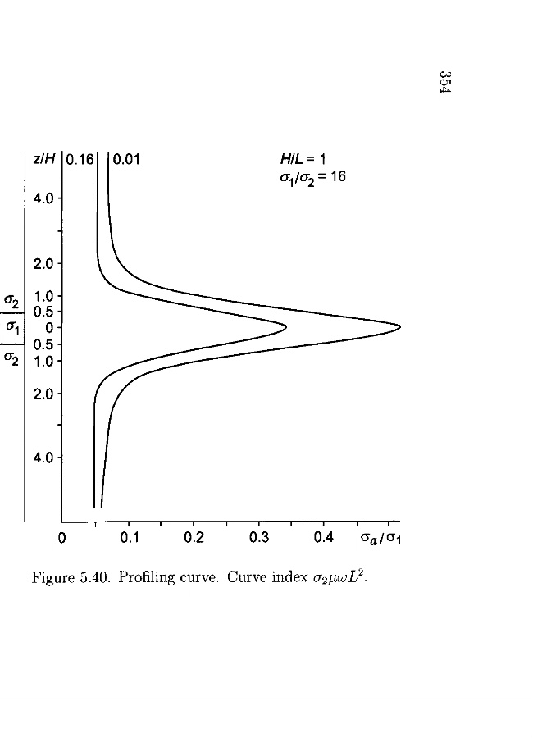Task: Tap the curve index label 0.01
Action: click(127, 161)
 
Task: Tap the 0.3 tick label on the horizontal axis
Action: click(259, 539)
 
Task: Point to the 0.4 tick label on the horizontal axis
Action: click(324, 539)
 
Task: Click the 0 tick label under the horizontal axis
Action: click(62, 539)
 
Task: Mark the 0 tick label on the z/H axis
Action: click(48, 327)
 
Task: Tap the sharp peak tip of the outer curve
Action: click(399, 327)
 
